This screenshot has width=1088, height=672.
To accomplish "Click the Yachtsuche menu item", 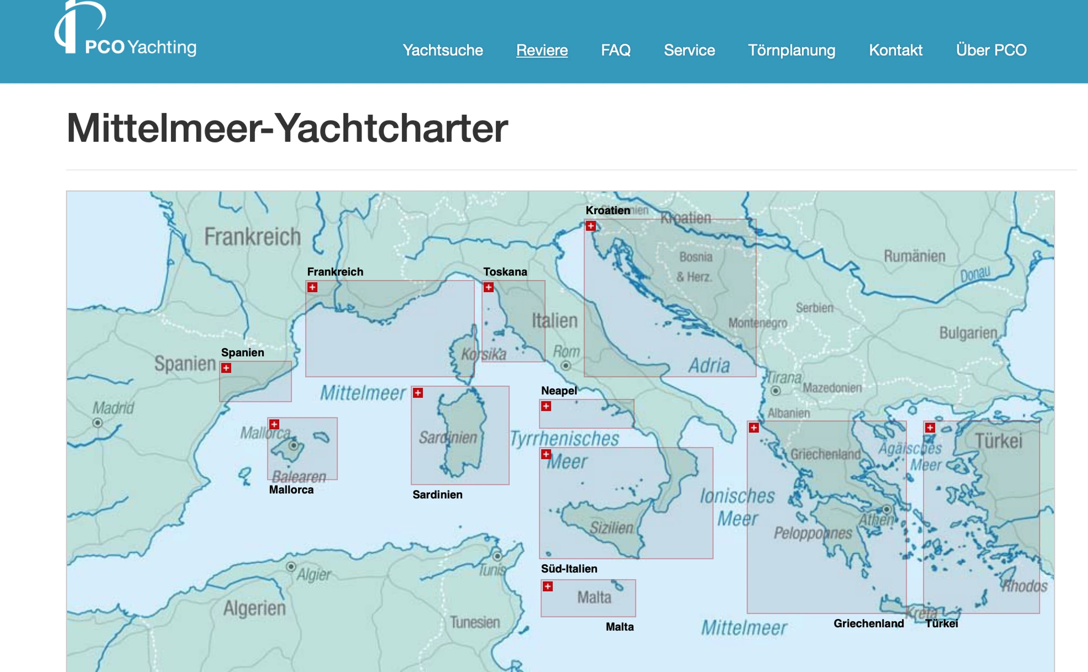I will point(442,50).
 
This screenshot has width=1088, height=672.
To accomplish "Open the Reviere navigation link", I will point(542,50).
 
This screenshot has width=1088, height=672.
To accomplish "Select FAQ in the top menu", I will point(615,50).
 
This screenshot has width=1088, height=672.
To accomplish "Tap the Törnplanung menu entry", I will point(791,50).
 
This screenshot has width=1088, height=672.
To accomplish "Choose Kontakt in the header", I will point(895,50).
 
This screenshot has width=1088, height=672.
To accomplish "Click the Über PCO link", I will point(991,50).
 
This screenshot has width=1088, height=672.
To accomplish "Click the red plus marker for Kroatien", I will point(591,226).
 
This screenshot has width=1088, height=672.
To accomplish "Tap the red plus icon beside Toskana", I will point(488,288).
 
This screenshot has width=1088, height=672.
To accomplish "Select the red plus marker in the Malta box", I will point(548,587).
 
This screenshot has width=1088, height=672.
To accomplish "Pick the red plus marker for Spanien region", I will point(227,368).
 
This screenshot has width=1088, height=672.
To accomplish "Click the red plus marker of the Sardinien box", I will point(418,393).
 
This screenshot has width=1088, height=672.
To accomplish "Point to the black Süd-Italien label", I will point(569,569).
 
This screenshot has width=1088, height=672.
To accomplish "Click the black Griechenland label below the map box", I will point(868,624).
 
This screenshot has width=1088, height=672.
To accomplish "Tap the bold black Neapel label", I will point(558,391).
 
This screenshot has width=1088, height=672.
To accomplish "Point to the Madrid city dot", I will point(98,423).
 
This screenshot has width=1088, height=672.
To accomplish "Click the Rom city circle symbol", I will point(565,366).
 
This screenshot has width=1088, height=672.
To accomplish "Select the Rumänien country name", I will point(914,256).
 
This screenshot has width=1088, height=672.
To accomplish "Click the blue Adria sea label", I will point(709,366).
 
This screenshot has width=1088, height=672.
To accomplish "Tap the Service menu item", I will point(689,50).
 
